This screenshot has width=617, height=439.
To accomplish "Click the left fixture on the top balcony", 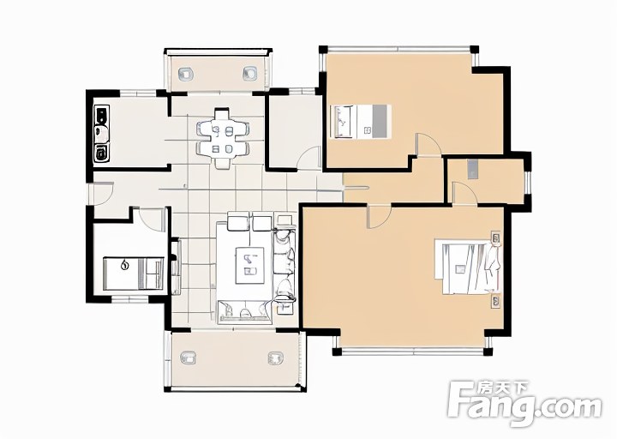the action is [x=186, y=74].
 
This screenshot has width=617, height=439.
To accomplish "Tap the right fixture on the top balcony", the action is [x=249, y=73].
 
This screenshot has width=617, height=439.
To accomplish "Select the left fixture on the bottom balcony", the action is [x=188, y=358].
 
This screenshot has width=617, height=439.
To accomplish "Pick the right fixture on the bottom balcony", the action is [x=276, y=358].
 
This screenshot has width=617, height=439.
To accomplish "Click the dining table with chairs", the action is [x=223, y=139].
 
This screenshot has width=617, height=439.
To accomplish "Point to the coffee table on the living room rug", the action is [x=250, y=265].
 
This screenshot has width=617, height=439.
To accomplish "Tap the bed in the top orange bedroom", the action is [x=362, y=121].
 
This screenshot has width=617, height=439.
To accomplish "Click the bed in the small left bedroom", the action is [x=133, y=274].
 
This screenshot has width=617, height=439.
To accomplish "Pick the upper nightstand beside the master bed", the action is [x=496, y=238].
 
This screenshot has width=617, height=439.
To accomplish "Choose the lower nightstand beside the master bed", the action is [x=496, y=302].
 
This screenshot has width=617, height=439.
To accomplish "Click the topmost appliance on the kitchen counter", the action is [x=101, y=115].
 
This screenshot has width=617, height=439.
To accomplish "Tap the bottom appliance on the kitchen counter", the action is [x=102, y=153].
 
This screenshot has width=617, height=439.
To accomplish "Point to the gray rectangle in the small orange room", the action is [x=472, y=169].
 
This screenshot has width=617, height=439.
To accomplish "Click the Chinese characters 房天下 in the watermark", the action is [x=502, y=388].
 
